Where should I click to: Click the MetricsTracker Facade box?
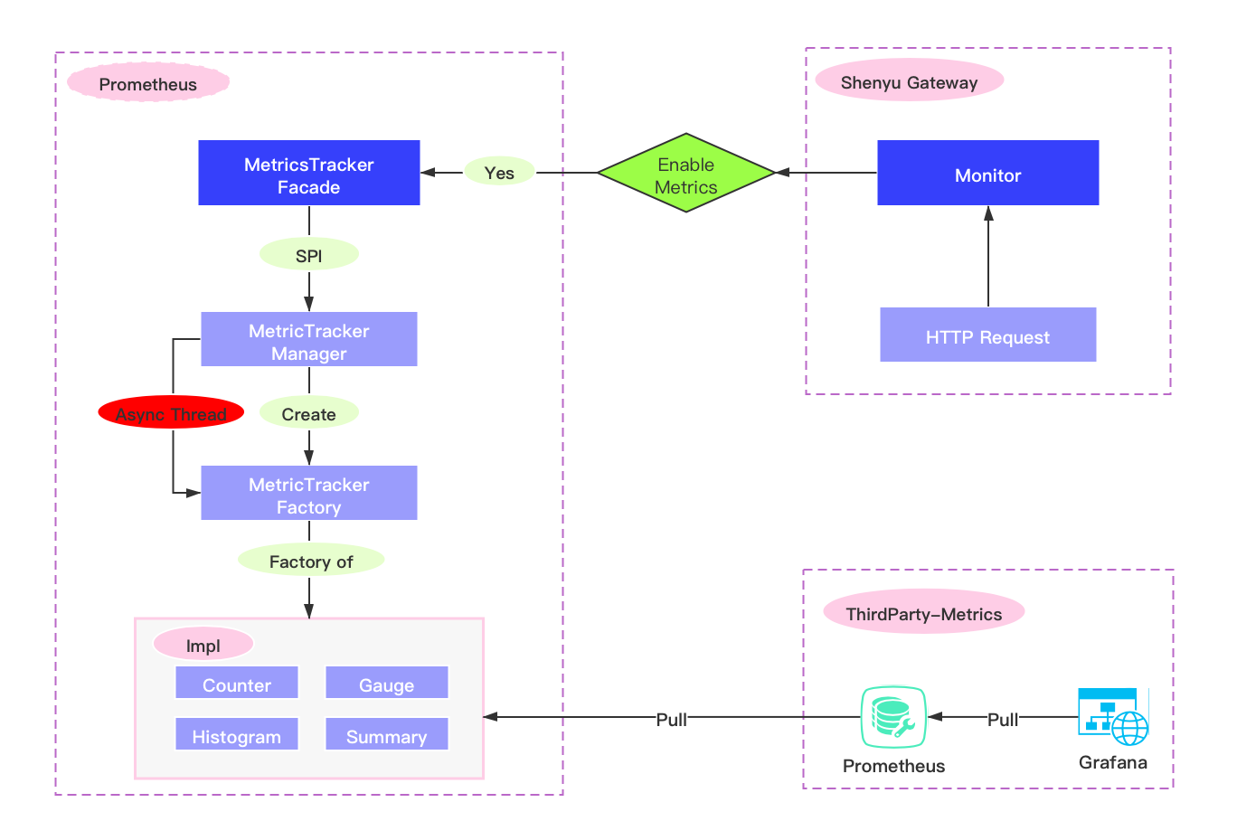click(x=309, y=173)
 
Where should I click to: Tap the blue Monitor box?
click(x=987, y=173)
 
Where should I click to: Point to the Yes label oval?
click(x=499, y=171)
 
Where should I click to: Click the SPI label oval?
click(x=309, y=254)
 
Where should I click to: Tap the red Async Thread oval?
click(x=171, y=412)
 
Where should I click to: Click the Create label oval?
click(x=309, y=412)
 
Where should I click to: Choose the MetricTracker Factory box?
click(x=309, y=493)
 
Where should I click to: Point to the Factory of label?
click(x=311, y=560)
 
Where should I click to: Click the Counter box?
click(x=237, y=683)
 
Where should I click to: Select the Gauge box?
click(x=387, y=683)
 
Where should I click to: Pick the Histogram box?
click(x=237, y=734)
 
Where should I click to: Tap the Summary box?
click(x=387, y=734)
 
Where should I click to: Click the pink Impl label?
click(x=203, y=644)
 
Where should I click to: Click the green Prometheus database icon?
click(x=893, y=717)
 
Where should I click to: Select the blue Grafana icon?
click(x=1113, y=716)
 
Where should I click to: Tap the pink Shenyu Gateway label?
click(x=910, y=80)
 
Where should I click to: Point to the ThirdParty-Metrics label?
click(x=924, y=612)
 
